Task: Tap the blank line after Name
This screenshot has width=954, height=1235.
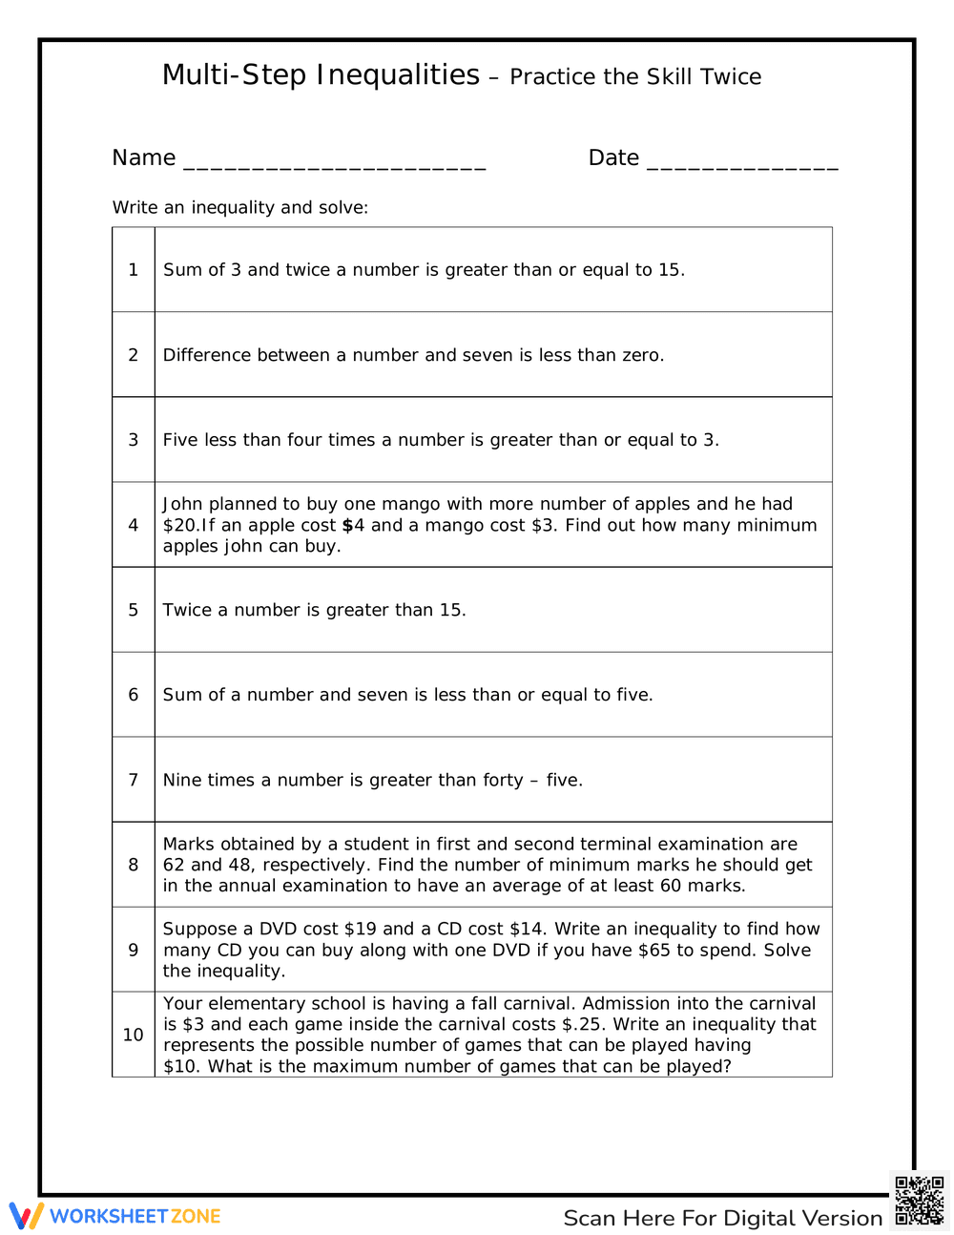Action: point(334,162)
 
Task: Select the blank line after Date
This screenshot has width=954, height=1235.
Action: point(742,162)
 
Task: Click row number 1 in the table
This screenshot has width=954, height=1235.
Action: point(134,270)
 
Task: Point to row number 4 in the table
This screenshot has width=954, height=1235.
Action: point(134,525)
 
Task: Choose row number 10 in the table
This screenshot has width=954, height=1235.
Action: point(134,1035)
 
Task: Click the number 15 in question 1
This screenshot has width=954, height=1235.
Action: point(670,270)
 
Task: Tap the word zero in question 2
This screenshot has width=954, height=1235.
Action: point(641,355)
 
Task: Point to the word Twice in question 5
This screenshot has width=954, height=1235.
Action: point(188,610)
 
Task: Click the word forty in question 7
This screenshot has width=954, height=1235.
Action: point(503,780)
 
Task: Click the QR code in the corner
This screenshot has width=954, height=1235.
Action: point(920,1201)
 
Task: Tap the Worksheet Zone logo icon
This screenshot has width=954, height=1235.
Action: point(27,1216)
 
